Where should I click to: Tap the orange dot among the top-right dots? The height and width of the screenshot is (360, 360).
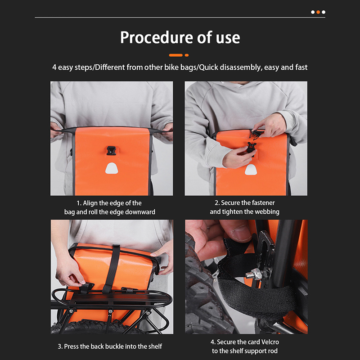point(318,12)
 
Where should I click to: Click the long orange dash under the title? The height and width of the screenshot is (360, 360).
point(176,55)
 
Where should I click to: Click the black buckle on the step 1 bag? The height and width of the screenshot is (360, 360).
point(111,150)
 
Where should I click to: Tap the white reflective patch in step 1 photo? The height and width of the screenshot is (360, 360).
point(112,168)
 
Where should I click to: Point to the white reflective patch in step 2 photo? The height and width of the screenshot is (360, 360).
point(251,170)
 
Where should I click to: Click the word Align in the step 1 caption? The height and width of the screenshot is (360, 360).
point(90,203)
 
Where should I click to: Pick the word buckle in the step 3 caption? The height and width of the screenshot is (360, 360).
point(127,346)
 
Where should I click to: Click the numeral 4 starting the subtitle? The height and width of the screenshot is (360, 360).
point(54,67)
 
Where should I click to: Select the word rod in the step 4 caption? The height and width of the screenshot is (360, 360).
point(273,351)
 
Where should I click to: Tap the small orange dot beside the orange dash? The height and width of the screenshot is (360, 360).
point(187,55)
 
